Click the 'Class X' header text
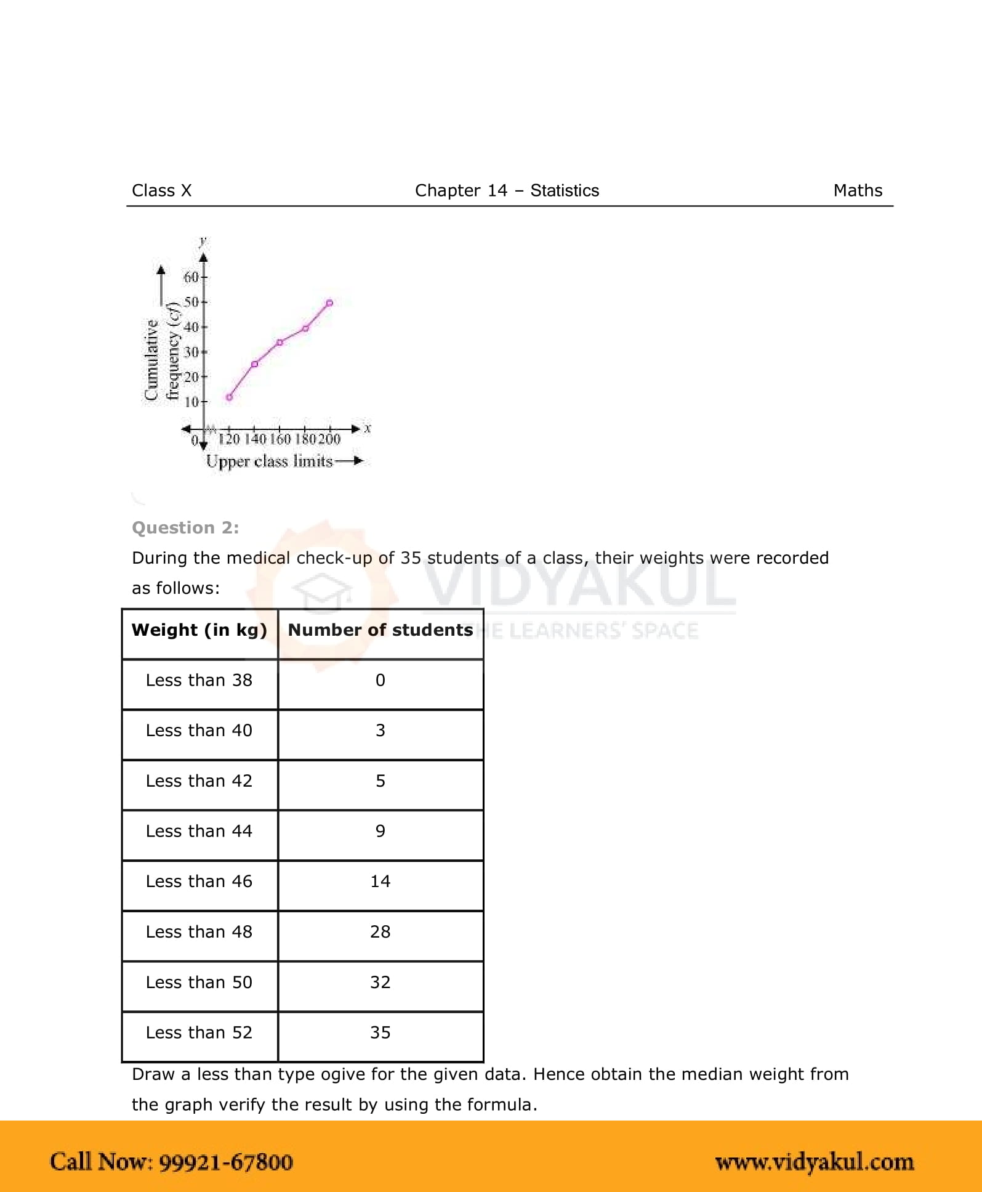161,190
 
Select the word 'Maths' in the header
858,190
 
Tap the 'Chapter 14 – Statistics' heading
507,190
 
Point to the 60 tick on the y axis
192,277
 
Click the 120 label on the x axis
229,439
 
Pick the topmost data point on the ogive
330,303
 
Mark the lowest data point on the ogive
229,397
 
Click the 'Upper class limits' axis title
269,461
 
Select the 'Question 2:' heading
185,528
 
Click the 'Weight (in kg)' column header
199,630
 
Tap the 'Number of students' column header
380,630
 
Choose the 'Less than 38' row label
199,680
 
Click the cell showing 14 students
380,882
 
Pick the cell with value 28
380,932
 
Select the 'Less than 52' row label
199,1032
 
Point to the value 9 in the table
380,831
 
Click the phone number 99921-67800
226,1162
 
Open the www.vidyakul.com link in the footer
815,1162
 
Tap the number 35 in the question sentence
411,558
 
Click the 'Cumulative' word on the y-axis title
151,360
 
